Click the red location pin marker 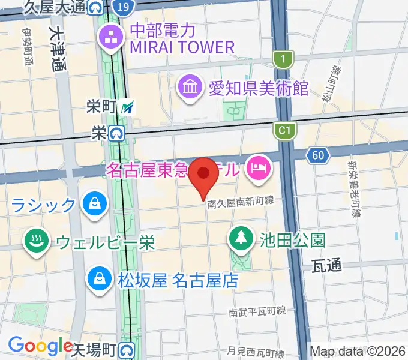point(203,176)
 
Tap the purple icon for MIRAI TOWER point(111,38)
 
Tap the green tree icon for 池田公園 point(241,238)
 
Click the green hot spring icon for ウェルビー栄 point(35,242)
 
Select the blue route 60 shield point(317,156)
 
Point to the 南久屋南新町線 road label point(241,204)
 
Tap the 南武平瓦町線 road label point(257,313)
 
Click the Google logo point(40,346)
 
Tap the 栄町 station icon point(127,108)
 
